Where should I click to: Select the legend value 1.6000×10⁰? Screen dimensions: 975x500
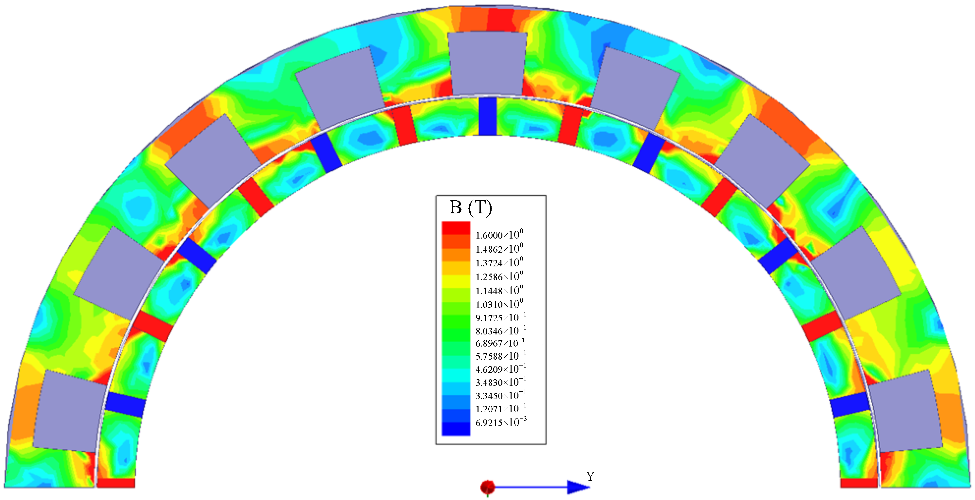pos(499,234)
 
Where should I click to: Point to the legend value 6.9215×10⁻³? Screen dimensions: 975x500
pos(501,422)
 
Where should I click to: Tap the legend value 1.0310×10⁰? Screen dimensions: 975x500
pos(499,304)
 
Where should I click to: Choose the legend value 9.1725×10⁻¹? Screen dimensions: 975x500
pos(501,317)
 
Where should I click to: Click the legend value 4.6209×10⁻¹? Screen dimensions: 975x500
pos(501,369)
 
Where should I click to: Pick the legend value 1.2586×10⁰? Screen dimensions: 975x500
pos(499,276)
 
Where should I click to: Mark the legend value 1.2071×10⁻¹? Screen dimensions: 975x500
pos(501,408)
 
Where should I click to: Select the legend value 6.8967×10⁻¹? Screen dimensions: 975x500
pos(500,343)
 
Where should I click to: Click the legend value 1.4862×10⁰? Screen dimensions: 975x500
pos(499,248)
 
